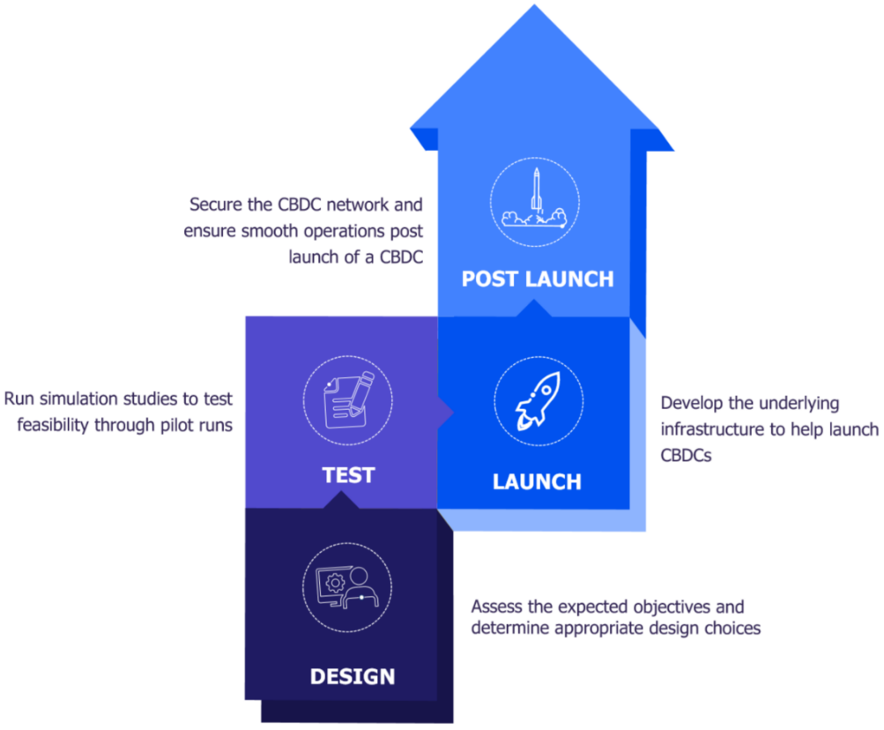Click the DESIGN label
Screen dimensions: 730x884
tap(352, 677)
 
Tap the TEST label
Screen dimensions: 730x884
tap(348, 475)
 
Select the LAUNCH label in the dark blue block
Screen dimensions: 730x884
tap(536, 482)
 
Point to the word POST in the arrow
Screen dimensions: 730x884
tap(492, 279)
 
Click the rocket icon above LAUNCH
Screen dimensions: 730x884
tap(537, 401)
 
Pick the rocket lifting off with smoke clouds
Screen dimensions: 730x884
tap(534, 199)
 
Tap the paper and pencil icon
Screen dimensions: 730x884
tap(347, 399)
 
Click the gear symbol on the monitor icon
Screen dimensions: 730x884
tap(334, 582)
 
